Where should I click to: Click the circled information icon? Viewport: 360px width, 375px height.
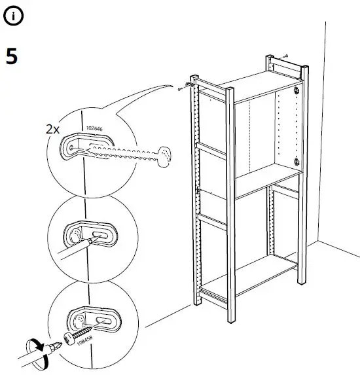point(13,18)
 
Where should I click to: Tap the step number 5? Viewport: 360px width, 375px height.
point(12,56)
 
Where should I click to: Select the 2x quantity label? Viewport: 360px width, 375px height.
point(53,129)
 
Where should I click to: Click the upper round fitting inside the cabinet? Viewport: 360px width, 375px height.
point(297,91)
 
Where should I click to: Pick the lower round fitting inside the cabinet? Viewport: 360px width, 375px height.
point(297,162)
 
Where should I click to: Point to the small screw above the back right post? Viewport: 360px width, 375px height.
point(289,58)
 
